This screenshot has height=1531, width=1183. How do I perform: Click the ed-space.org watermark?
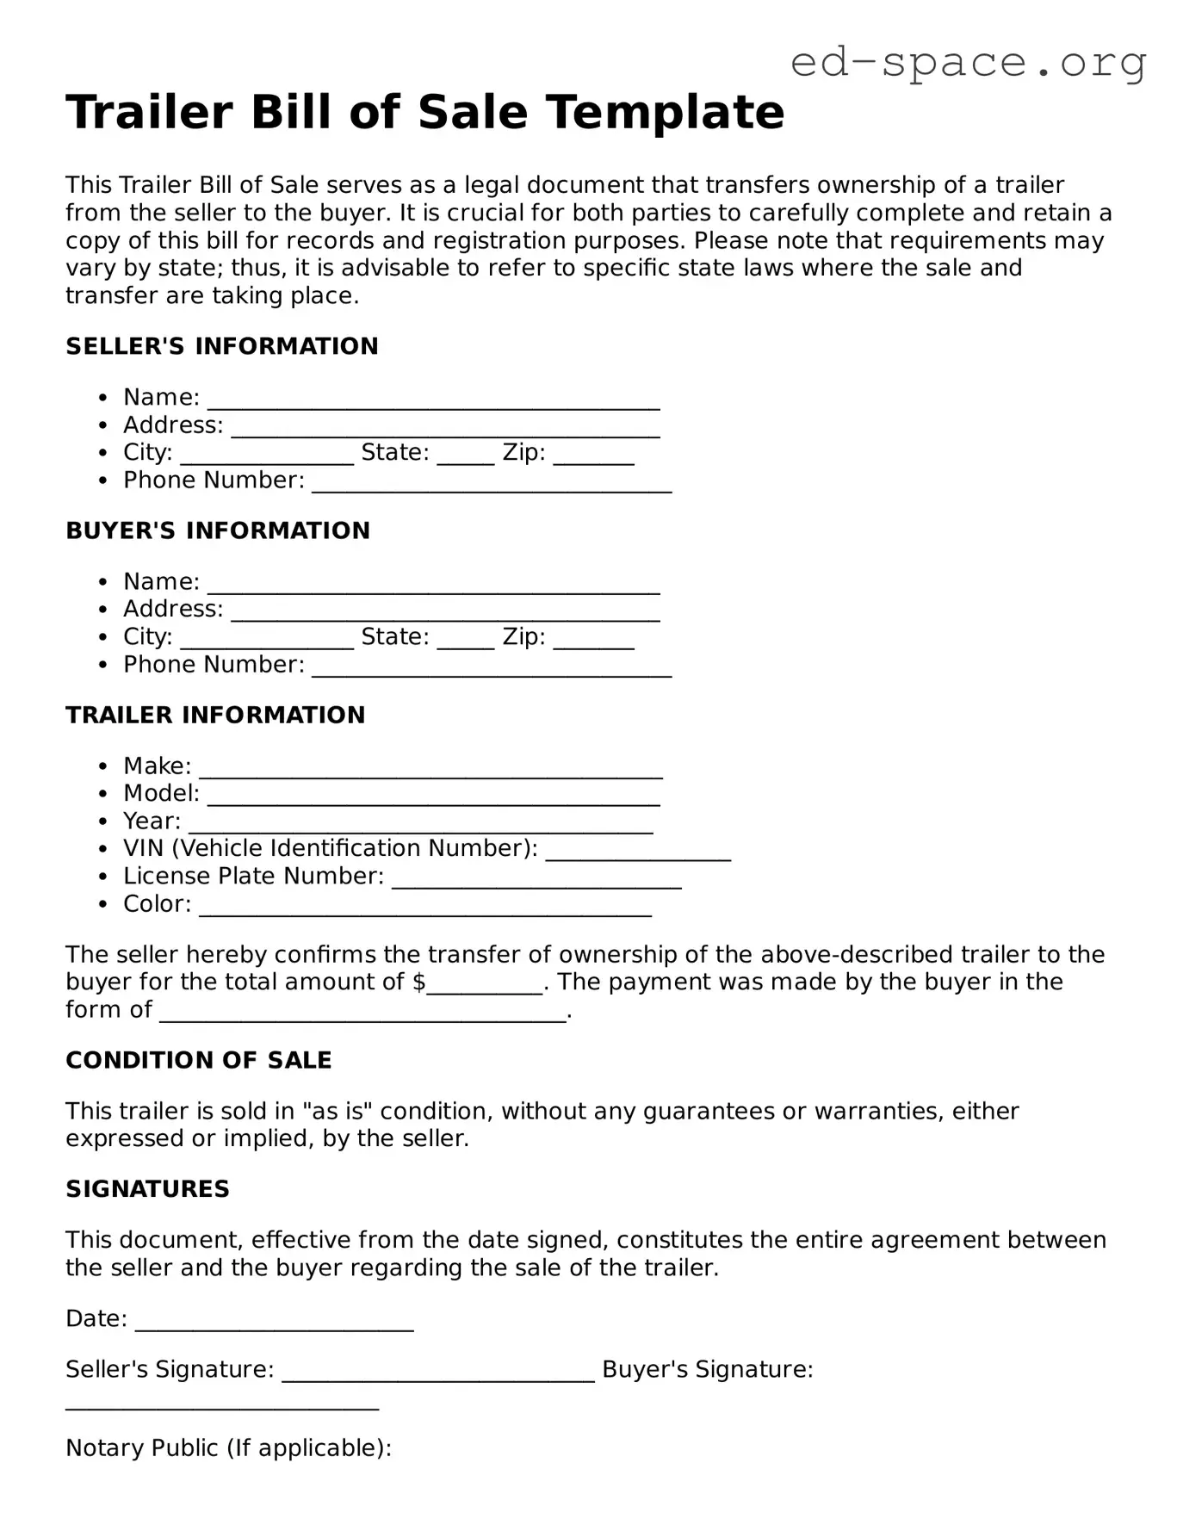968,63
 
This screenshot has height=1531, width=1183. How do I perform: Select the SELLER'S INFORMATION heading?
222,346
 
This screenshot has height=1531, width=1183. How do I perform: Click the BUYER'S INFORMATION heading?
218,530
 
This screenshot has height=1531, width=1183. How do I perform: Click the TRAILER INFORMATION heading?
215,715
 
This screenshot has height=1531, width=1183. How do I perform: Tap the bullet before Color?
103,905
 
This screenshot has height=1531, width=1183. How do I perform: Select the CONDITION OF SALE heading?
199,1060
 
